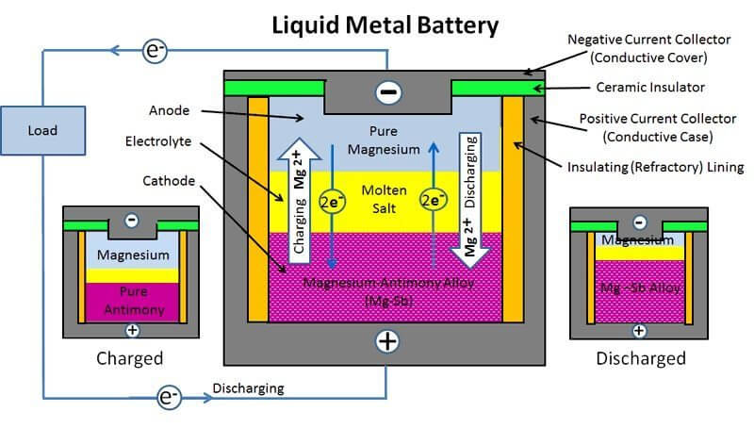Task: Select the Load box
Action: pyautogui.click(x=29, y=130)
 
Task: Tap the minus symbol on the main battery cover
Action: pyautogui.click(x=387, y=93)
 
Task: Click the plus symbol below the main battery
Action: pyautogui.click(x=387, y=341)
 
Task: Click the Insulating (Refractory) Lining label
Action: pyautogui.click(x=661, y=168)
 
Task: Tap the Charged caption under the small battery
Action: pyautogui.click(x=130, y=358)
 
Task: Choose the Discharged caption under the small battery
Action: pyautogui.click(x=640, y=358)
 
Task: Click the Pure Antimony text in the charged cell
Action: pyautogui.click(x=131, y=302)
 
